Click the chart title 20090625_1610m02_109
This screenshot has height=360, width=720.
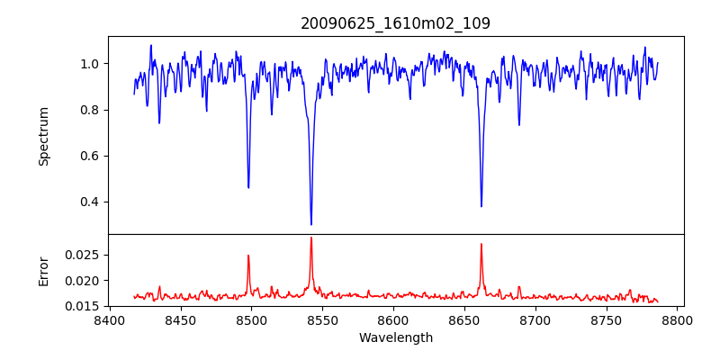(395, 23)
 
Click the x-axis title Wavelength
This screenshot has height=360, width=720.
(395, 338)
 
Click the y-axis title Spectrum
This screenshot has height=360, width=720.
(43, 136)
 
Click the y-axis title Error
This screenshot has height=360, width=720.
(43, 270)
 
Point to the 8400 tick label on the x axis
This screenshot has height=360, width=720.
(109, 319)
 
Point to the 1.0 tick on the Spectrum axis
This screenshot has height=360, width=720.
(91, 64)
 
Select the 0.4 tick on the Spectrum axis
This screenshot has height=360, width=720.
(91, 202)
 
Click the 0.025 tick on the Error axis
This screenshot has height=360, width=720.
(85, 255)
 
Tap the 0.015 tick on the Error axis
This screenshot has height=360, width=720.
(85, 306)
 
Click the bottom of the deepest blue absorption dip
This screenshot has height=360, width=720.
(311, 224)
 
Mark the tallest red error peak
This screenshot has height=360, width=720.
(311, 238)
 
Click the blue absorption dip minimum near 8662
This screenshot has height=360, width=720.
(481, 206)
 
